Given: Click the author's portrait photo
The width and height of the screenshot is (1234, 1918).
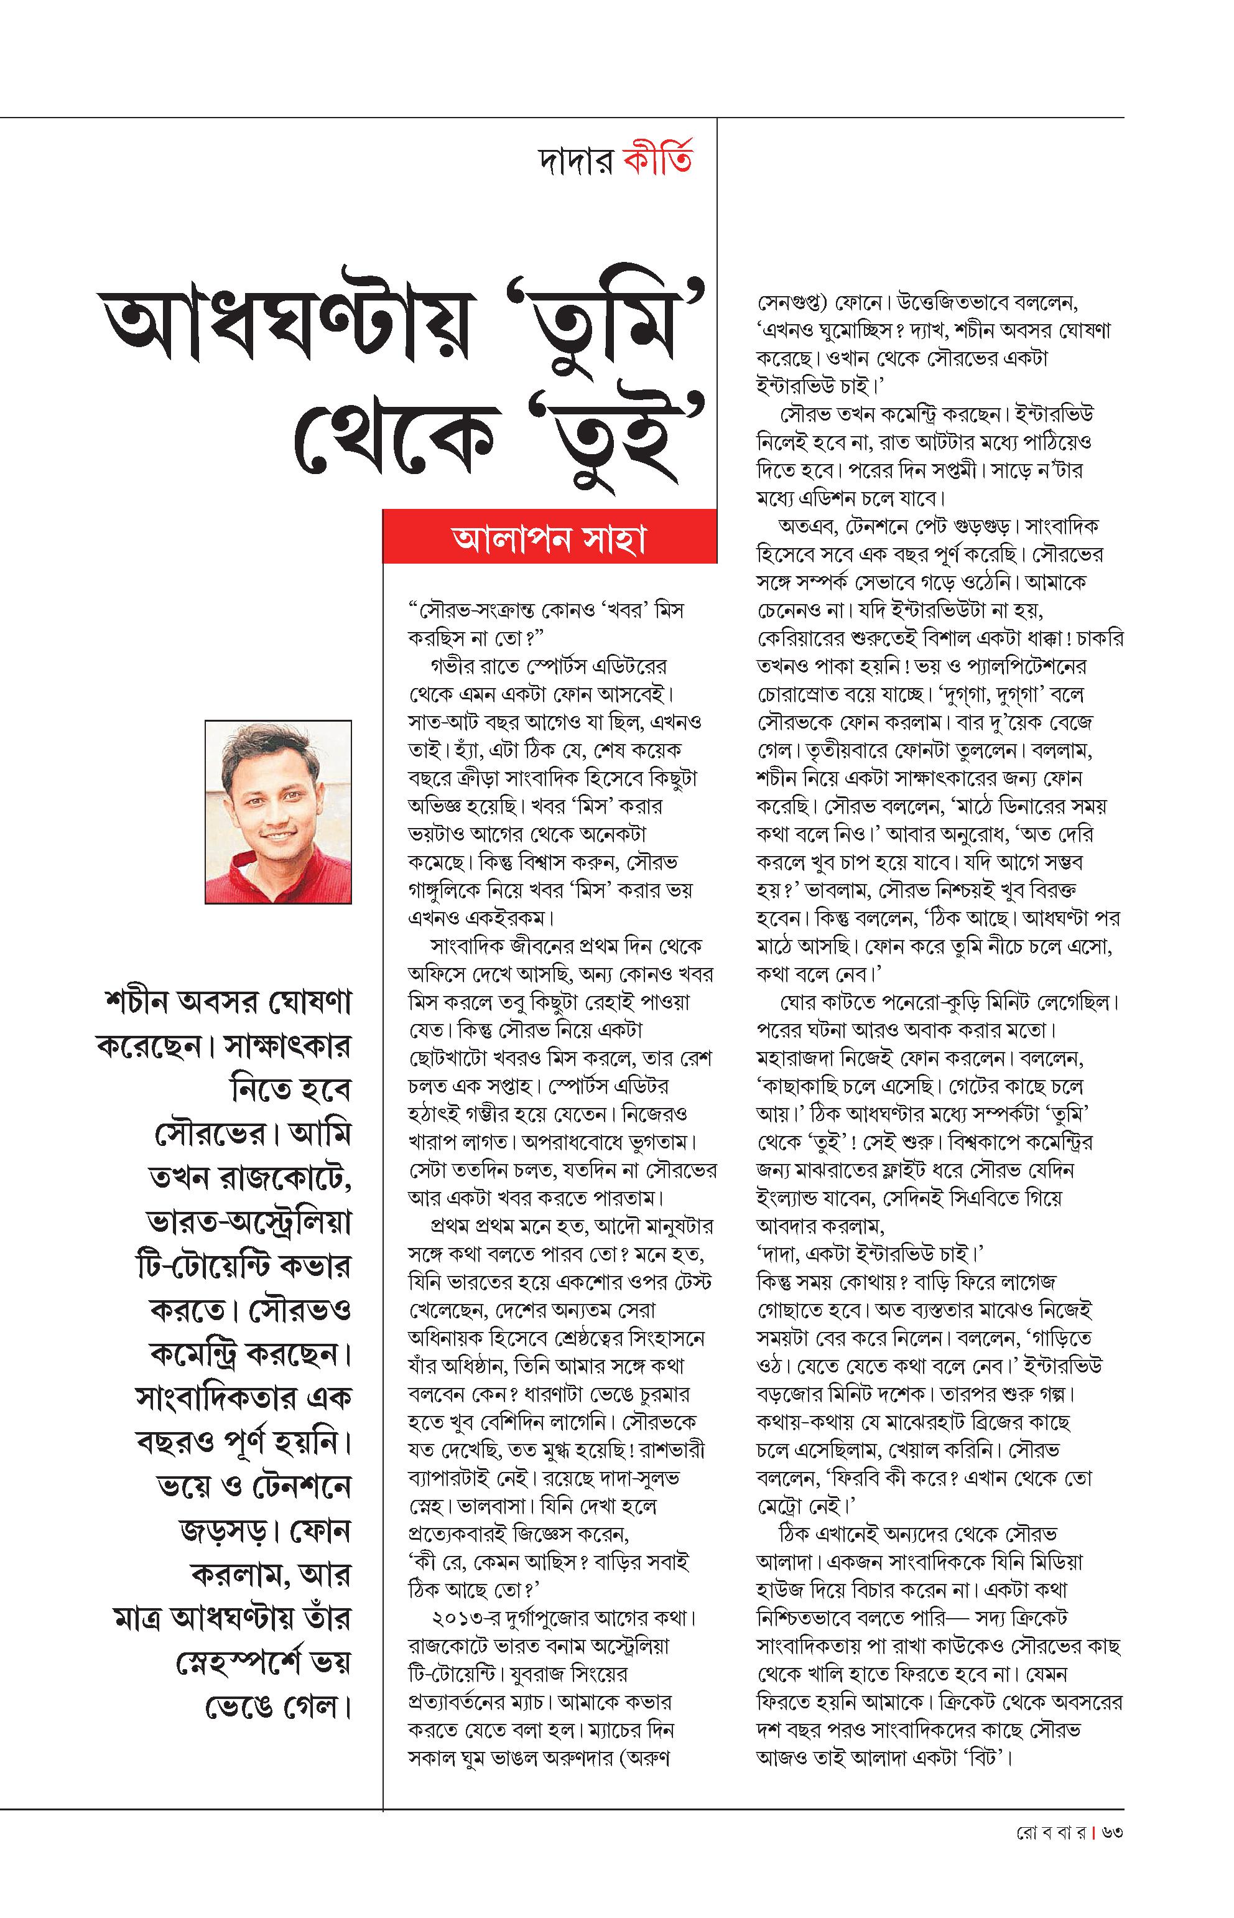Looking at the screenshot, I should tap(278, 811).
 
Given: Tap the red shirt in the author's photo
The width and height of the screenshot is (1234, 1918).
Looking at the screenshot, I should tap(272, 878).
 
